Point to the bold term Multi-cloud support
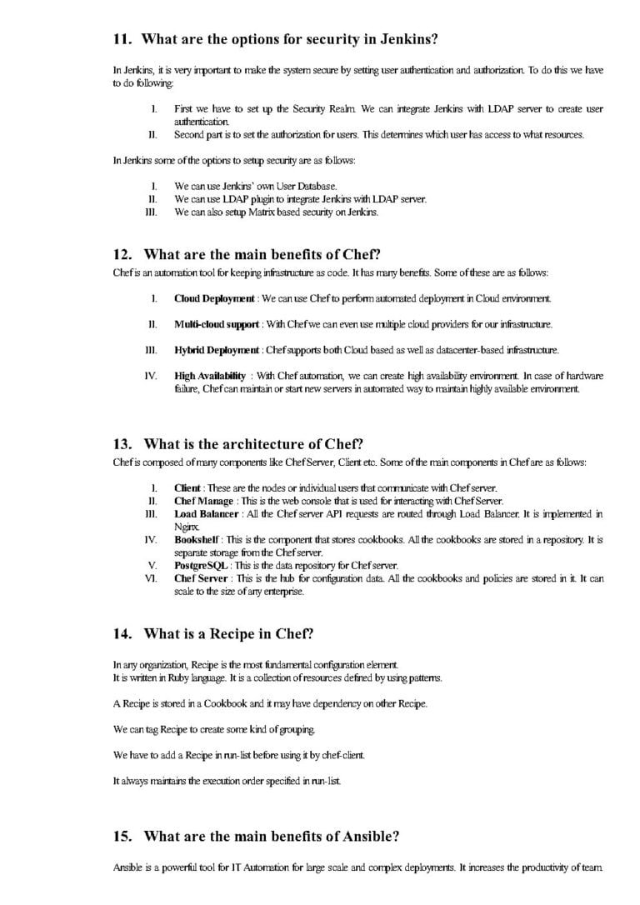(x=217, y=323)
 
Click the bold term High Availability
(x=210, y=376)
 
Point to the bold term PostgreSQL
(x=201, y=566)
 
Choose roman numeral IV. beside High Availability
(x=152, y=376)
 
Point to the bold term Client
(x=187, y=487)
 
